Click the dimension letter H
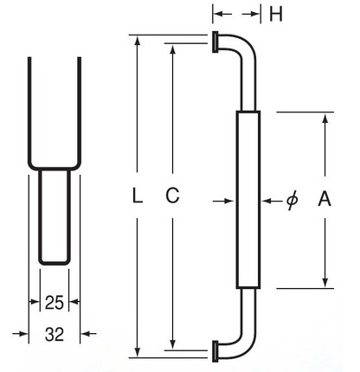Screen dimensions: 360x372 pyautogui.click(x=276, y=14)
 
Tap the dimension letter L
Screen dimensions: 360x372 pyautogui.click(x=137, y=196)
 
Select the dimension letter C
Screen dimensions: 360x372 pyautogui.click(x=172, y=196)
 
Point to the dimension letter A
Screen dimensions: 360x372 pyautogui.click(x=325, y=198)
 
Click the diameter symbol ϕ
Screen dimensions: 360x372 pyautogui.click(x=292, y=200)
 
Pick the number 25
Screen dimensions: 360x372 pyautogui.click(x=55, y=303)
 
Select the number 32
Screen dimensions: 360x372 pyautogui.click(x=55, y=335)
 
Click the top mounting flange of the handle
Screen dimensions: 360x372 pyautogui.click(x=215, y=42)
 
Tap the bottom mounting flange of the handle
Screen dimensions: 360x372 pyautogui.click(x=215, y=351)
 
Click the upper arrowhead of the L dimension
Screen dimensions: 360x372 pyautogui.click(x=138, y=41)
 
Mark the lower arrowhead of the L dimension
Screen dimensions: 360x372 pyautogui.click(x=138, y=352)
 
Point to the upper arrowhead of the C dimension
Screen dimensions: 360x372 pyautogui.click(x=172, y=49)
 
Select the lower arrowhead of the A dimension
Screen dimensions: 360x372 pyautogui.click(x=325, y=282)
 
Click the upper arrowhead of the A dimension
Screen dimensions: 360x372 pyautogui.click(x=325, y=118)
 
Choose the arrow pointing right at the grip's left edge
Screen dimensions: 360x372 pyautogui.click(x=223, y=201)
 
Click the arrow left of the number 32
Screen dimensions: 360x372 pyautogui.click(x=21, y=334)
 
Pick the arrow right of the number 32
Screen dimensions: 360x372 pyautogui.click(x=88, y=334)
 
